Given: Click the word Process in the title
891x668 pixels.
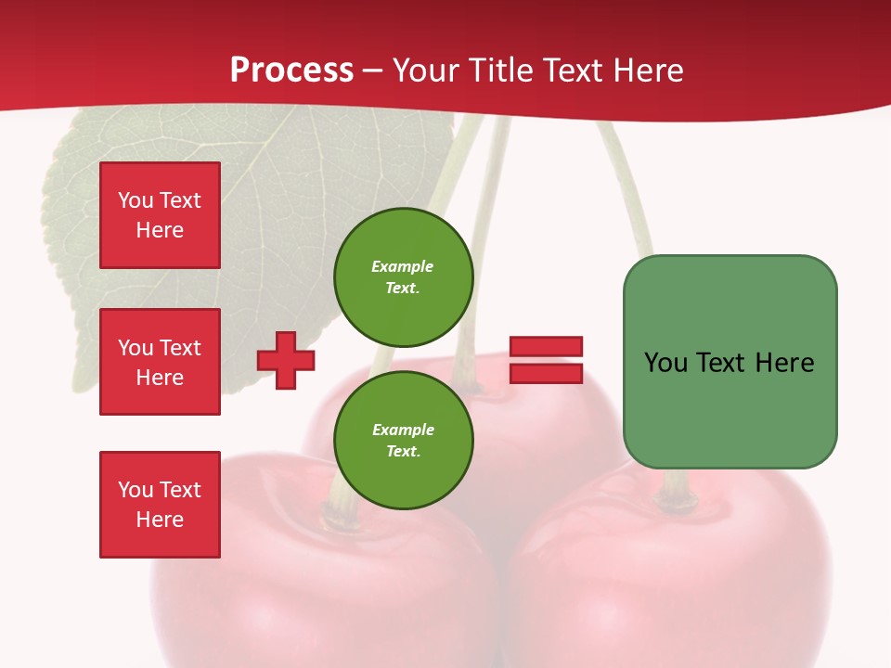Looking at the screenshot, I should pos(291,71).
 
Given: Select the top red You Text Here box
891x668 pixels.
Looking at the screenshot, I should pos(160,215).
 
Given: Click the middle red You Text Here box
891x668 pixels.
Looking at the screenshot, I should pos(160,362).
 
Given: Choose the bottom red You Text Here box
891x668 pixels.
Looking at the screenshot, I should pos(160,505).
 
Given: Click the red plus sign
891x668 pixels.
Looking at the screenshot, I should pos(286,360).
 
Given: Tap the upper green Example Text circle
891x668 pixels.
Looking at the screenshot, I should pos(403,276).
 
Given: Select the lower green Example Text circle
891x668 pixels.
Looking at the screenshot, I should pos(403,440).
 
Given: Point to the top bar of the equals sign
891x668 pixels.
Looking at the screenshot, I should pos(546,346).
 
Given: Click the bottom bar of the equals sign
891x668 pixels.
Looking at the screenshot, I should pos(546,373).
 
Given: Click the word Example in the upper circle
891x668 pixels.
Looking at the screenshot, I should pos(402,266).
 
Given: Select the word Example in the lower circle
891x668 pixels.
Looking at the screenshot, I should pos(403,430).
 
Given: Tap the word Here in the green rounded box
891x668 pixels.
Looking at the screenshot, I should pos(785,363).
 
